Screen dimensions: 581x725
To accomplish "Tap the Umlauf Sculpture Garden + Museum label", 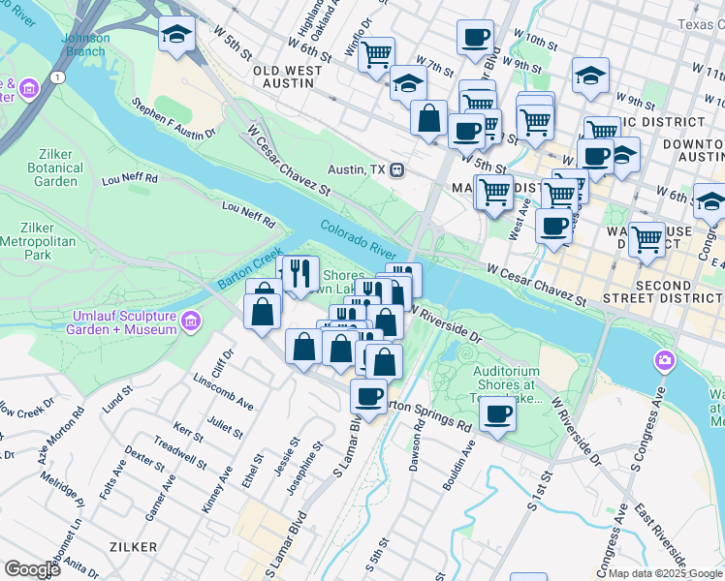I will tap(124, 323).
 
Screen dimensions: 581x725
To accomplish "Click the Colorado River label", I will tap(359, 237).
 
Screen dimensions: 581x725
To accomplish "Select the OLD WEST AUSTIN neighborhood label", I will tap(282, 76).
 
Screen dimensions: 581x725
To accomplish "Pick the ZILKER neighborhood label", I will tap(134, 547).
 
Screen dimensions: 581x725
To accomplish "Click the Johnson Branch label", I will tap(85, 45).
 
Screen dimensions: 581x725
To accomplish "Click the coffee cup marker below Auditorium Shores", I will tap(497, 414).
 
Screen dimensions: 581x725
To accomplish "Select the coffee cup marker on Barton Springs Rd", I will tap(368, 396).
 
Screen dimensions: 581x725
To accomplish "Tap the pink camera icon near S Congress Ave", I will tap(665, 361).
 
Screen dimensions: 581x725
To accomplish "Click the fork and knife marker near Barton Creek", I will tap(300, 275).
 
